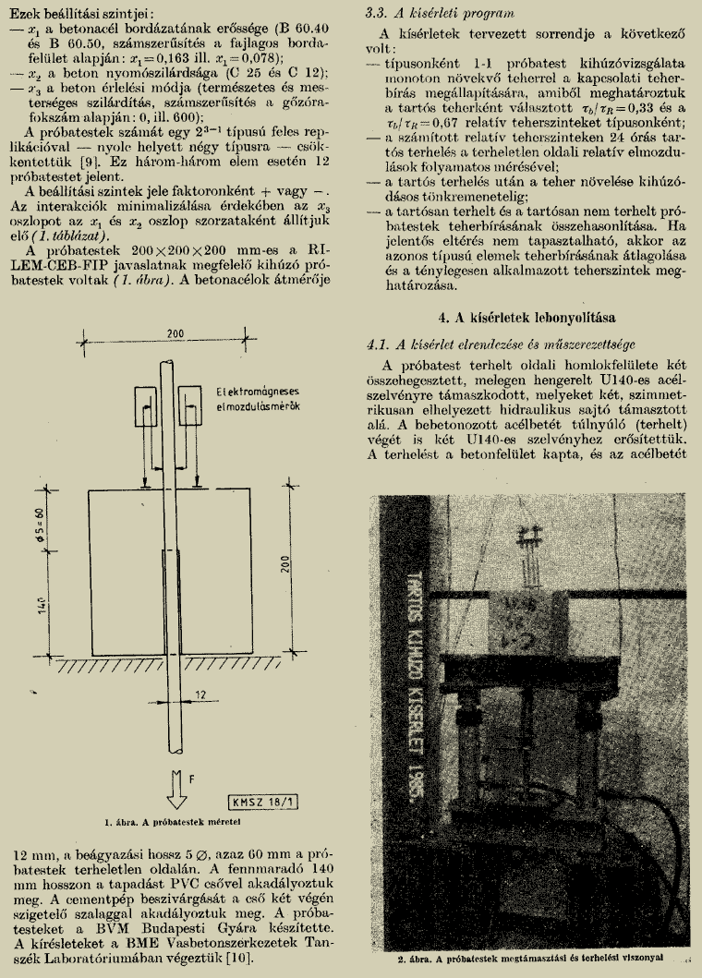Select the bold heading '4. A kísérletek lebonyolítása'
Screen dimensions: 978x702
521,318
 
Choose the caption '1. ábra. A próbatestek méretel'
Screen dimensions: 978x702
173,820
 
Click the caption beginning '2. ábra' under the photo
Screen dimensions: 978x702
524,958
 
